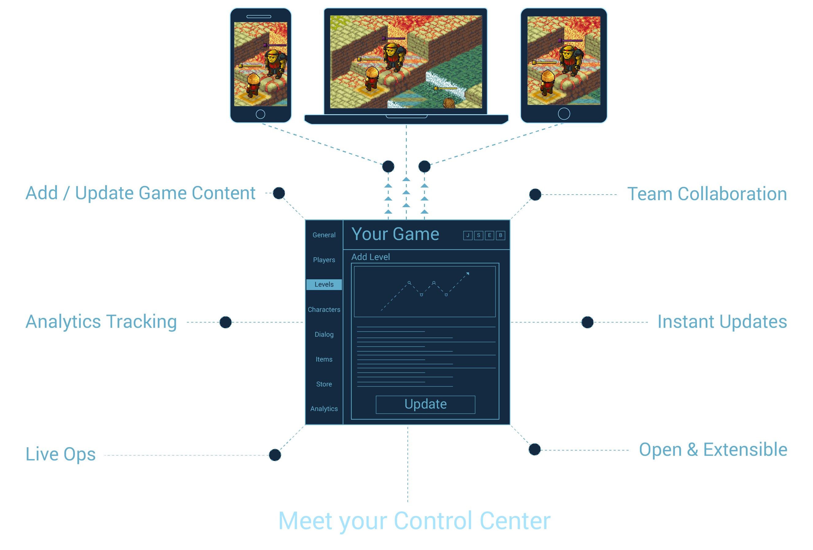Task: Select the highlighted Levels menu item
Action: (324, 285)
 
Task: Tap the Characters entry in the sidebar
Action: (324, 310)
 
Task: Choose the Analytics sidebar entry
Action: (324, 409)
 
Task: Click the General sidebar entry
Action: (324, 235)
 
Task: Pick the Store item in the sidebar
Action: (324, 384)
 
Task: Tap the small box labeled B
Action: (500, 235)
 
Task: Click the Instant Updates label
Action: (722, 322)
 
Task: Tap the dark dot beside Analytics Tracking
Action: (225, 322)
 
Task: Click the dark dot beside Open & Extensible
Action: (534, 450)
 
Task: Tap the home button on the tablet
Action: (564, 114)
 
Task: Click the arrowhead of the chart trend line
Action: (468, 273)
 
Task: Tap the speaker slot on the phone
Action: (259, 17)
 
